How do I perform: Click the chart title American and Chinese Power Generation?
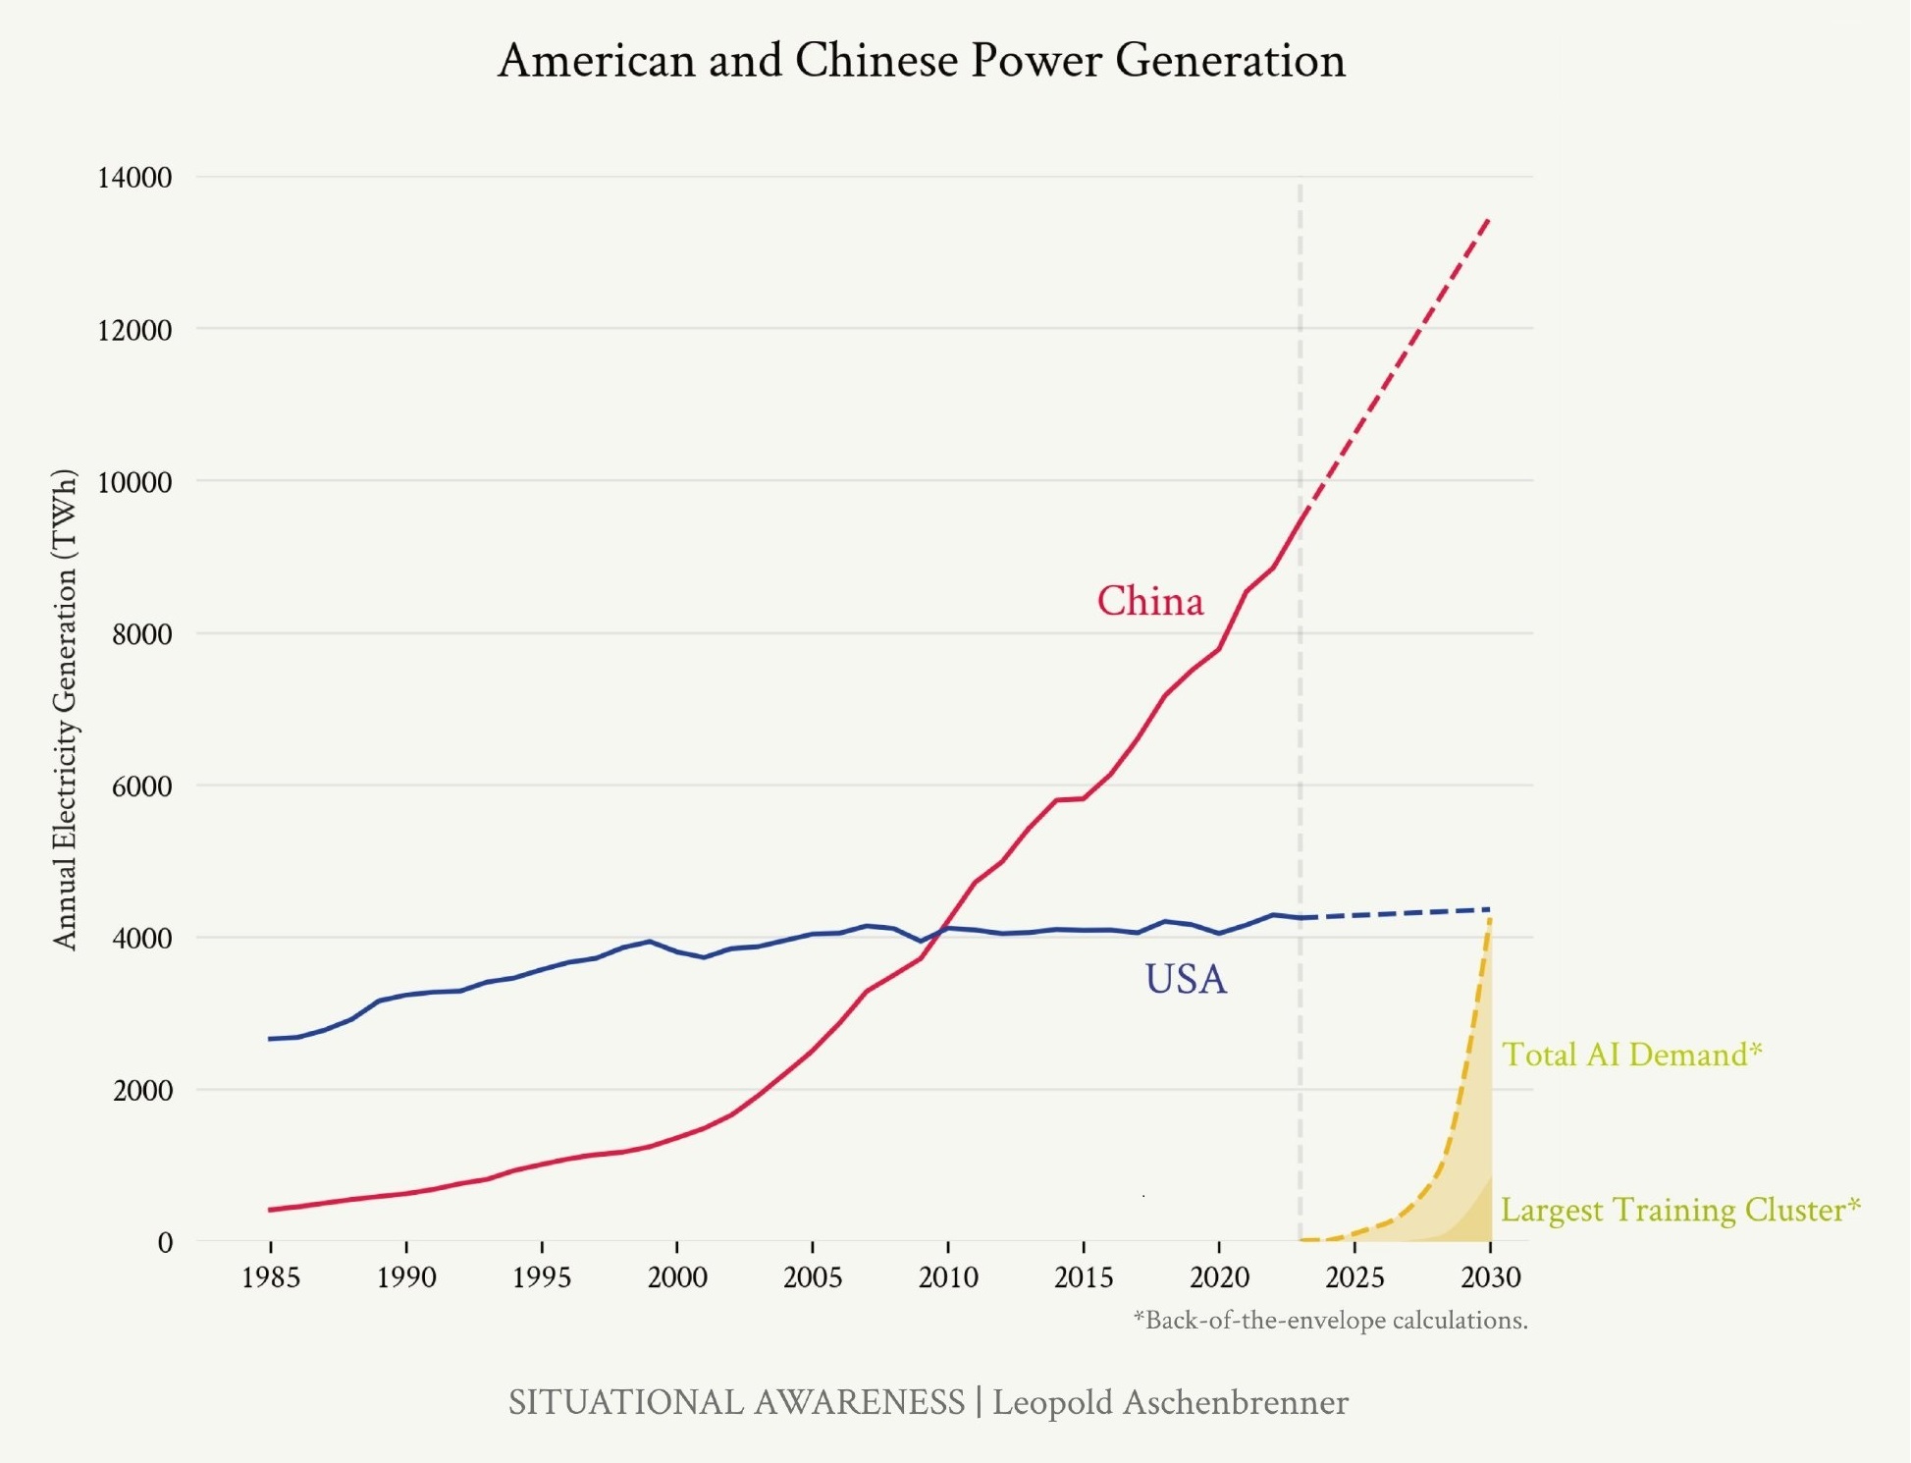[x=921, y=61]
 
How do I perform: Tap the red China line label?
[x=1149, y=601]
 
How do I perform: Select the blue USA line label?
[x=1186, y=979]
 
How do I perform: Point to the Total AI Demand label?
[x=1631, y=1055]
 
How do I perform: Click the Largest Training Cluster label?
[x=1679, y=1210]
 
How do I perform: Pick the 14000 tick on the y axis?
[x=134, y=178]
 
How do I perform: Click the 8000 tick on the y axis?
[x=141, y=634]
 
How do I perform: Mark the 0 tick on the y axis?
[x=165, y=1243]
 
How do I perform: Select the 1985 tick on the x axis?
[x=271, y=1277]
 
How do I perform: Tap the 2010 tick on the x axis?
[x=948, y=1277]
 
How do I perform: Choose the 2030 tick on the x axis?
[x=1490, y=1277]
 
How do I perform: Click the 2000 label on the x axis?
[x=677, y=1277]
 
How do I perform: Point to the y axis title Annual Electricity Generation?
[x=65, y=709]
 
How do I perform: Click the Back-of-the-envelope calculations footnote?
[x=1330, y=1321]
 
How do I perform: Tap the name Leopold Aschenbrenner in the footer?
[x=1170, y=1402]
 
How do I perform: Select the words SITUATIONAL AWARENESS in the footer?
[x=736, y=1402]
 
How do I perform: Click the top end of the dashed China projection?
[x=1489, y=220]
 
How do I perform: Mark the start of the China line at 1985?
[x=271, y=1210]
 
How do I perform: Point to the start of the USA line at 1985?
[x=271, y=1039]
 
